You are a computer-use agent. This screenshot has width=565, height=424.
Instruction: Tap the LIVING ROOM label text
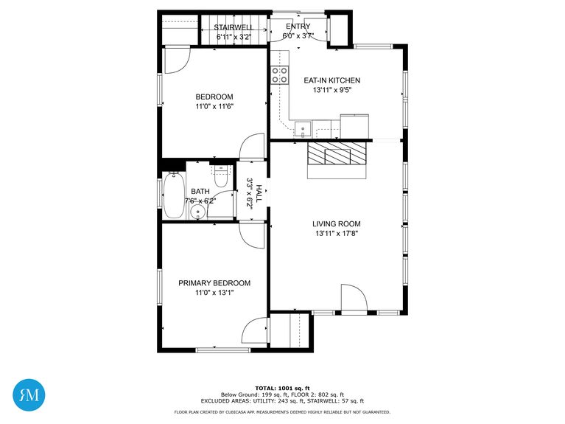(337, 224)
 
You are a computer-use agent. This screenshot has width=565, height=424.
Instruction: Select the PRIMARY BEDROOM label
(214, 283)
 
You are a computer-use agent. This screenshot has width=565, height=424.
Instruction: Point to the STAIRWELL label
(234, 27)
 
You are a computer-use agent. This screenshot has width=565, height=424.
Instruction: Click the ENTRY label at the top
(298, 26)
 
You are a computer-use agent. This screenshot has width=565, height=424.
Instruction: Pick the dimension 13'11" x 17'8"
(337, 234)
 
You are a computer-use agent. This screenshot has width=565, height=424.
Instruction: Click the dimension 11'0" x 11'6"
(214, 106)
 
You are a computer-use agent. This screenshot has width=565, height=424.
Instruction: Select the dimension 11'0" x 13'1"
(214, 293)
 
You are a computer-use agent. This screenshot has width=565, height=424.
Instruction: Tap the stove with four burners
(280, 74)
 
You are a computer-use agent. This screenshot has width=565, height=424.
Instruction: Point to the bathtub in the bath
(173, 195)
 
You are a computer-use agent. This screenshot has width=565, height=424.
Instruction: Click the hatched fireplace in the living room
(337, 153)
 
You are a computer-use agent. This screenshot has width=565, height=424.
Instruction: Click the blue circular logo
(29, 394)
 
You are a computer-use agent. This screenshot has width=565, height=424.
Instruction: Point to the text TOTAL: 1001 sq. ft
(282, 388)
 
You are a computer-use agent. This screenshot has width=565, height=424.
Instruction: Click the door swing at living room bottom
(354, 299)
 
